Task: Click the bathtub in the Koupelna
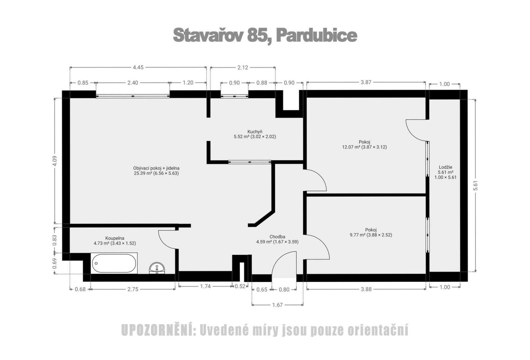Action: pos(114,263)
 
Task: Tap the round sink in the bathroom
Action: pos(157,268)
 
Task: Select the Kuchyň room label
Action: pos(255,132)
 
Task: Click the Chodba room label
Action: pos(277,237)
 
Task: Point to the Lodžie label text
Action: pos(445,167)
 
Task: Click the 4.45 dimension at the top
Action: pos(138,67)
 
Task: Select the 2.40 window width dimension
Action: pos(133,83)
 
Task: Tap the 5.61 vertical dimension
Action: pos(476,185)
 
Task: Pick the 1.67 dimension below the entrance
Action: pos(277,305)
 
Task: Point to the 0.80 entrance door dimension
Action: pos(284,289)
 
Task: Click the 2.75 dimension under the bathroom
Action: pos(133,289)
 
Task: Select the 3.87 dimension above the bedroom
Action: pos(366,82)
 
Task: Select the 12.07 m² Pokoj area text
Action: pos(364,147)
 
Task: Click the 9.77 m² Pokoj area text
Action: pos(371,235)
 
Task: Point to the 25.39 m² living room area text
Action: pos(156,173)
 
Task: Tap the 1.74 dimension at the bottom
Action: pos(205,286)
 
